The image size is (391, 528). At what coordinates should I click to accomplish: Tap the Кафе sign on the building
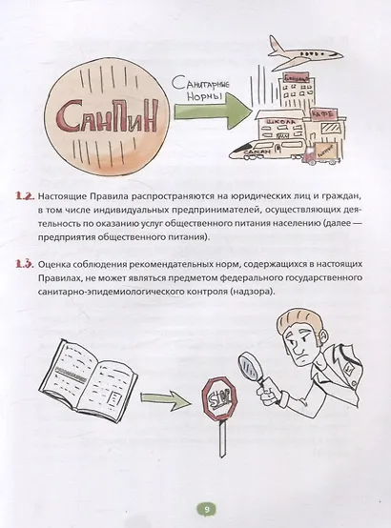(x=320, y=111)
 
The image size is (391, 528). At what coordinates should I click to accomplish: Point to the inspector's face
(x=303, y=354)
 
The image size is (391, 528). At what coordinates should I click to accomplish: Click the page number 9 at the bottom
(x=195, y=508)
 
